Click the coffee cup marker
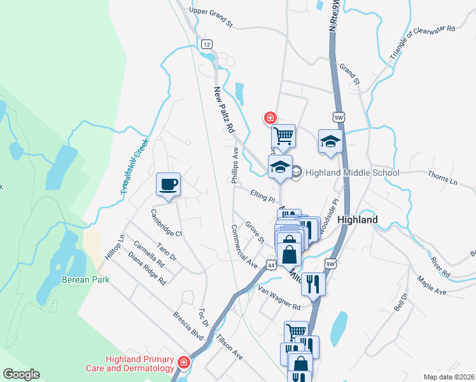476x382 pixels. tap(169, 185)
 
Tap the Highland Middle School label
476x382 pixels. tap(352, 173)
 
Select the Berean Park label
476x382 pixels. tap(85, 279)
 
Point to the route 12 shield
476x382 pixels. tap(206, 45)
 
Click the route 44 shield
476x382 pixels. tap(271, 265)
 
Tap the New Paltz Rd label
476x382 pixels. tap(224, 110)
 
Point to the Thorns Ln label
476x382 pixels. tap(442, 178)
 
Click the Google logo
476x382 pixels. tap(21, 374)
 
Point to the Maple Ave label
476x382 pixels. tap(431, 284)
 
